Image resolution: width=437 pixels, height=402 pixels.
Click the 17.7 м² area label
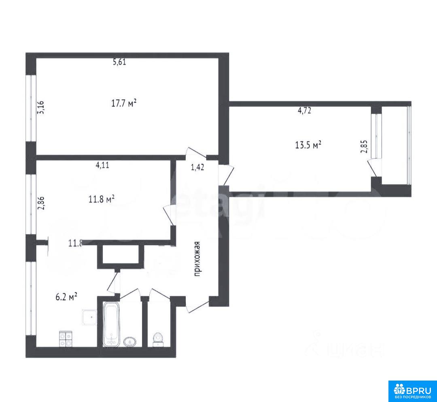point(124,104)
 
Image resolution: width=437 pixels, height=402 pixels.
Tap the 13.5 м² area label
point(308,144)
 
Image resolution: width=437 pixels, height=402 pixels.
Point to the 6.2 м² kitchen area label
point(66,297)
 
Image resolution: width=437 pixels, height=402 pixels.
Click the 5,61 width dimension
point(120,62)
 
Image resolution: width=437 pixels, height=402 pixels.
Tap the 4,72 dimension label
point(304,111)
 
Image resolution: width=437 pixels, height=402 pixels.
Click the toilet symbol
point(158,339)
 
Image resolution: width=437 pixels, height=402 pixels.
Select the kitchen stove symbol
point(66,339)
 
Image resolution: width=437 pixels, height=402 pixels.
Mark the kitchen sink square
point(90,318)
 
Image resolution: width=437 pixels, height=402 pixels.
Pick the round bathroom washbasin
point(130,342)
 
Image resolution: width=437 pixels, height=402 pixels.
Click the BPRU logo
point(412,391)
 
